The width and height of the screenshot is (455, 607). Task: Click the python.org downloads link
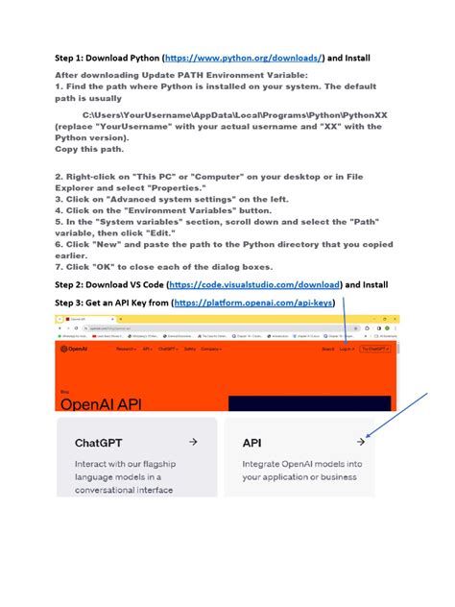click(x=245, y=59)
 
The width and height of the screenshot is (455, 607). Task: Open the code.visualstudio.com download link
click(x=254, y=285)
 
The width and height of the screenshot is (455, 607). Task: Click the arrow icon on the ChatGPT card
click(x=193, y=442)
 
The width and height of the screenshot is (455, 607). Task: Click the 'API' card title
click(x=251, y=444)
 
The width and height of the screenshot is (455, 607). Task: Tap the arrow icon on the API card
click(x=360, y=442)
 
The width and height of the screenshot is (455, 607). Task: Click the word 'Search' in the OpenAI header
click(x=328, y=350)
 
